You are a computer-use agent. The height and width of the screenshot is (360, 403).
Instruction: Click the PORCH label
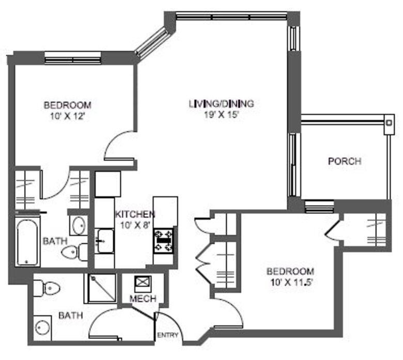(345, 161)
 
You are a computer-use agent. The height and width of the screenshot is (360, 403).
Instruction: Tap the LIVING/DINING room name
(221, 104)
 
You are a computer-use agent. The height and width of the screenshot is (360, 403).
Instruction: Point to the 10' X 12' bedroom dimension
(67, 117)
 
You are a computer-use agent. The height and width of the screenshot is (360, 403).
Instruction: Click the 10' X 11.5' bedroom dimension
(290, 283)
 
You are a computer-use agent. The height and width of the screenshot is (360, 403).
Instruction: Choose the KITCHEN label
(134, 214)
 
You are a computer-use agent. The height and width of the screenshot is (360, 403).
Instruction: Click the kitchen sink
(105, 241)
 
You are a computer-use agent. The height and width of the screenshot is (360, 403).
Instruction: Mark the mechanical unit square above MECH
(142, 284)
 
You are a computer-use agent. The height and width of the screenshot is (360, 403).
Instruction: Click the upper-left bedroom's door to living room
(119, 145)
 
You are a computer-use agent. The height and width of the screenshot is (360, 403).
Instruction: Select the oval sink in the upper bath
(79, 225)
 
